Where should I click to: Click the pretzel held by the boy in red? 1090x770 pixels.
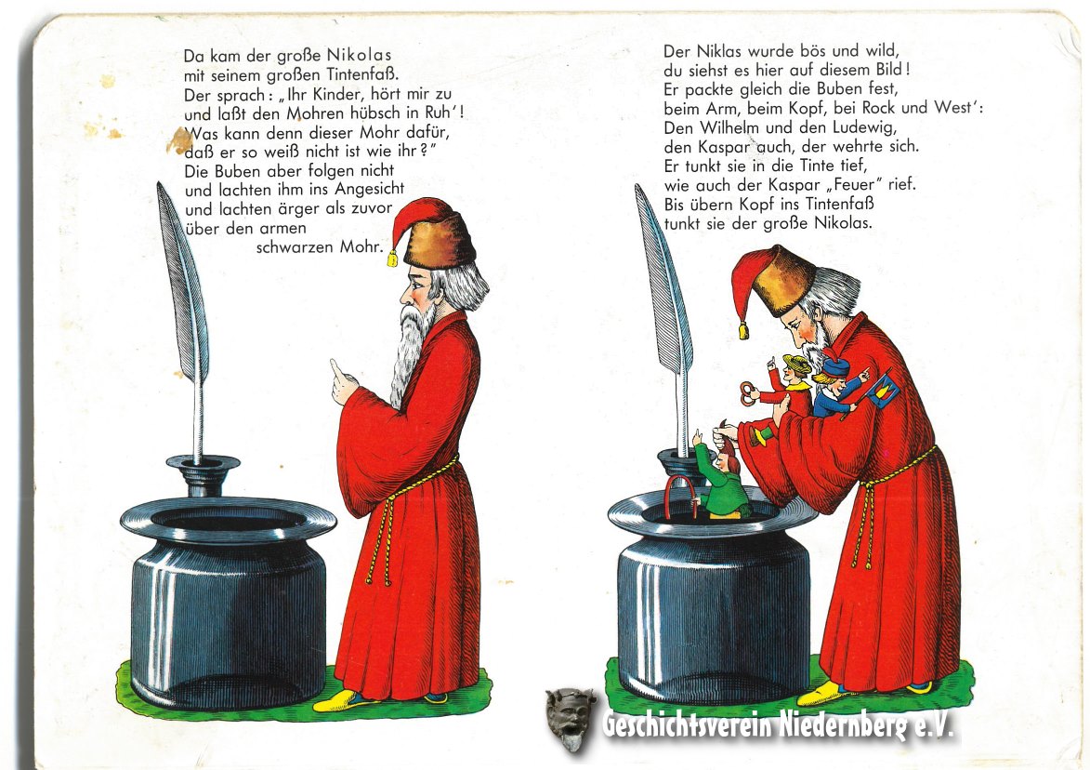tap(749, 392)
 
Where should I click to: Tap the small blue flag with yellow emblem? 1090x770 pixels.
tap(882, 391)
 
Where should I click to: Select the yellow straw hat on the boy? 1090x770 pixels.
tap(796, 363)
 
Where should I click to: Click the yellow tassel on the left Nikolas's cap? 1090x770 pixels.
tap(392, 259)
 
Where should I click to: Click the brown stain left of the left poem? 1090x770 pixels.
tap(180, 140)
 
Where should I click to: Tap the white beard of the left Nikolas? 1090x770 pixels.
tap(410, 352)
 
